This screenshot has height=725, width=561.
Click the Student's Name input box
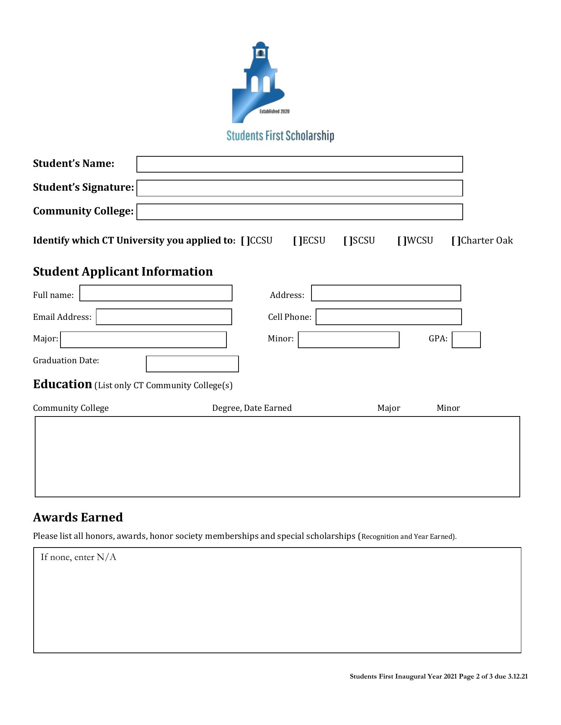pyautogui.click(x=299, y=164)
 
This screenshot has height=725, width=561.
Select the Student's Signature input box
pyautogui.click(x=299, y=188)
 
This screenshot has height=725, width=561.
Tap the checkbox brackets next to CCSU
pyautogui.click(x=245, y=241)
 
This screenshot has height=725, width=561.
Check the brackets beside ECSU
pyautogui.click(x=298, y=241)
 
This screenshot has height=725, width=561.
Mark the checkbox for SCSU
pyautogui.click(x=348, y=241)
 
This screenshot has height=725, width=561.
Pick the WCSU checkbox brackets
pyautogui.click(x=402, y=241)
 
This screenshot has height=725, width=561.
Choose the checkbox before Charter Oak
pyautogui.click(x=456, y=241)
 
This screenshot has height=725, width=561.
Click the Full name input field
pyautogui.click(x=156, y=293)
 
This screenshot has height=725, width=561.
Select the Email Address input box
pyautogui.click(x=164, y=317)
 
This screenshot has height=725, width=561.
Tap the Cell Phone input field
pyautogui.click(x=389, y=317)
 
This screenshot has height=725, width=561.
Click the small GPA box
pyautogui.click(x=466, y=340)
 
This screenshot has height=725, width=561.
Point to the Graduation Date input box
pyautogui.click(x=192, y=364)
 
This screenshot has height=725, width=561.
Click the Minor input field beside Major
pyautogui.click(x=349, y=340)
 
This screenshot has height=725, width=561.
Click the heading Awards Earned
pyautogui.click(x=78, y=517)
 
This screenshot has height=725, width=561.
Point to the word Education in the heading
pyautogui.click(x=62, y=384)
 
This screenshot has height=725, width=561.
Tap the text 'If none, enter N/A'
pyautogui.click(x=78, y=557)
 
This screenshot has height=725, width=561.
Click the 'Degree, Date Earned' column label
pyautogui.click(x=252, y=408)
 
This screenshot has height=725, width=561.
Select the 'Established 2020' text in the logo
pyautogui.click(x=274, y=111)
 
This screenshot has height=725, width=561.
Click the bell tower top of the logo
pyautogui.click(x=260, y=51)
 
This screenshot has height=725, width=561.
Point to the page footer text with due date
pyautogui.click(x=439, y=676)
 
